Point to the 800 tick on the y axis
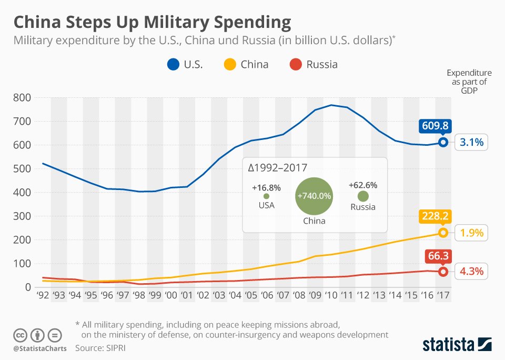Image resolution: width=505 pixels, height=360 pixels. [x=22, y=97]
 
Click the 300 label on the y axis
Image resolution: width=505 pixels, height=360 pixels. [x=22, y=216]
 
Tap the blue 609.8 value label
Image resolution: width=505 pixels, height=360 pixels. [x=435, y=126]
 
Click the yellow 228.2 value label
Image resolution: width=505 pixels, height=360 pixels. [x=435, y=217]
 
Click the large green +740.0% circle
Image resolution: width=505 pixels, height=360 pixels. [x=315, y=196]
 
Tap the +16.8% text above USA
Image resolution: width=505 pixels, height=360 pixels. [x=266, y=187]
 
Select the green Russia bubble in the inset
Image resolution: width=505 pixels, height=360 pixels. [x=363, y=196]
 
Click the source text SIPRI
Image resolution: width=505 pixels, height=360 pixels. [x=114, y=348]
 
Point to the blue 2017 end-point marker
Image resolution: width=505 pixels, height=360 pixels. [x=443, y=142]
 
